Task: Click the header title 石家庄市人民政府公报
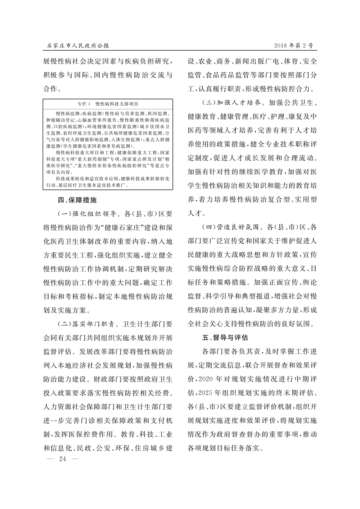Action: coord(78,46)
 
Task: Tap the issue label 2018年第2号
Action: coord(293,46)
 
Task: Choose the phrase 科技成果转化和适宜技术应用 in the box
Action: coord(87,179)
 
